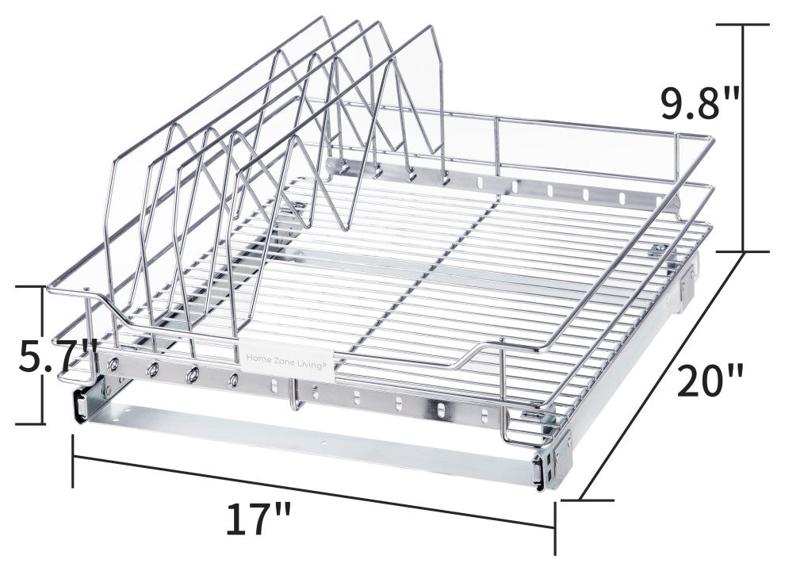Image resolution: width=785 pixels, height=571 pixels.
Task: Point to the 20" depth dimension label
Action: [710, 381]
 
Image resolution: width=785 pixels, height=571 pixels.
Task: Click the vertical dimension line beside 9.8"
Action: [743, 138]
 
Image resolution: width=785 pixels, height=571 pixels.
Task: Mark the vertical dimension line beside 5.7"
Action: [43, 355]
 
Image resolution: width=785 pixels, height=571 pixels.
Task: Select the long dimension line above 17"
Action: [315, 491]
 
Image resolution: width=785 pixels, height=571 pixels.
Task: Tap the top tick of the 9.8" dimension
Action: [743, 24]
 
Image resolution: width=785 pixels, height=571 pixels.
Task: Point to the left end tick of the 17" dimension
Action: [74, 461]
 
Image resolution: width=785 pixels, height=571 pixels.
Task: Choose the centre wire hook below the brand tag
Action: [297, 396]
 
